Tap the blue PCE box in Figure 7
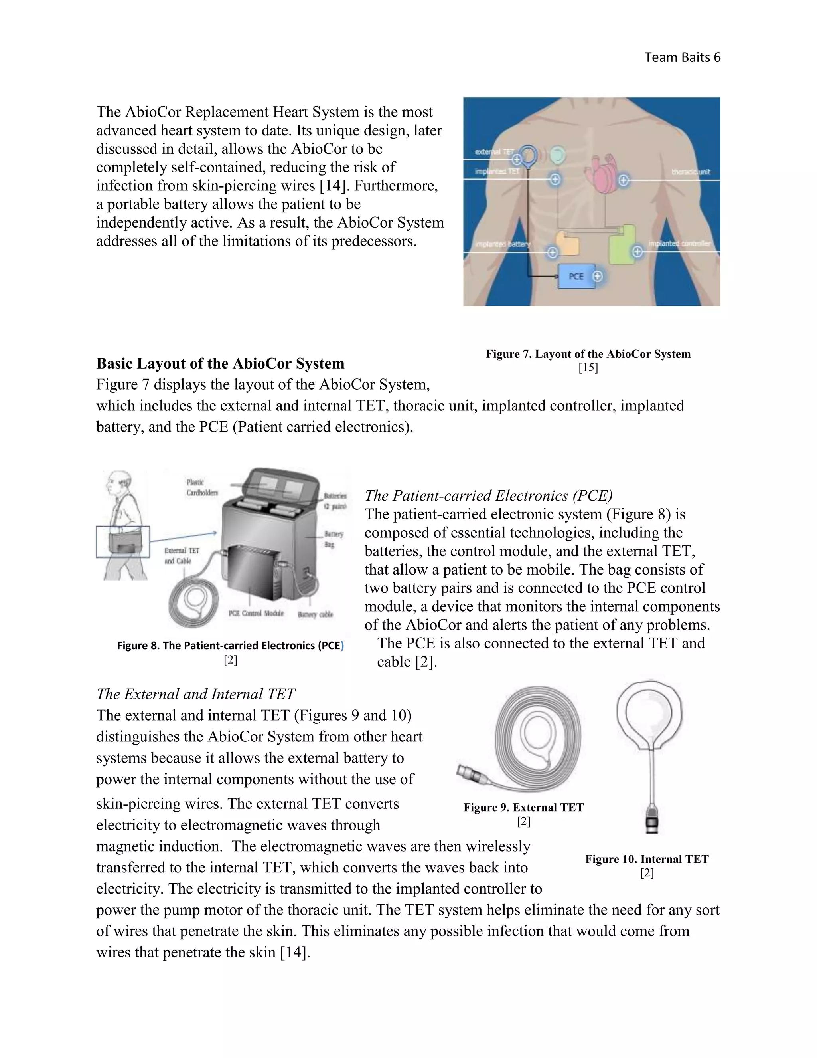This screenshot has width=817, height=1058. pyautogui.click(x=576, y=277)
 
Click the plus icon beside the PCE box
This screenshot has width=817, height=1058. pyautogui.click(x=598, y=276)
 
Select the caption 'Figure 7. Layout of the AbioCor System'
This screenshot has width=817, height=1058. pyautogui.click(x=588, y=354)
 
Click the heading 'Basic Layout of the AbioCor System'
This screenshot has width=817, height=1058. pyautogui.click(x=220, y=363)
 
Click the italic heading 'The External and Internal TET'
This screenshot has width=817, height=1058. pyautogui.click(x=195, y=694)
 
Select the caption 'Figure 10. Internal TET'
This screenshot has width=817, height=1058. pyautogui.click(x=647, y=859)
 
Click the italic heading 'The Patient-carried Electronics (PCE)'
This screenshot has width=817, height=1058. pyautogui.click(x=488, y=495)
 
